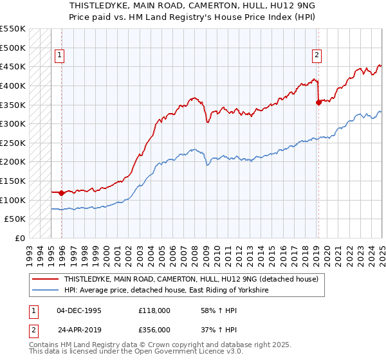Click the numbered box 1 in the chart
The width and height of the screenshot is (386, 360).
59,56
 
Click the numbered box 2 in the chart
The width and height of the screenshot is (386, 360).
317,56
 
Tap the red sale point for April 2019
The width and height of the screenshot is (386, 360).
318,102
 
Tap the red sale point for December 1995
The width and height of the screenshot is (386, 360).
61,192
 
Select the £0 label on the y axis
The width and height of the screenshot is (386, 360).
20,238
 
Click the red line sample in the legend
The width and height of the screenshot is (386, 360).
46,280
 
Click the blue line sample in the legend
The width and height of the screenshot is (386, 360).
46,291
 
